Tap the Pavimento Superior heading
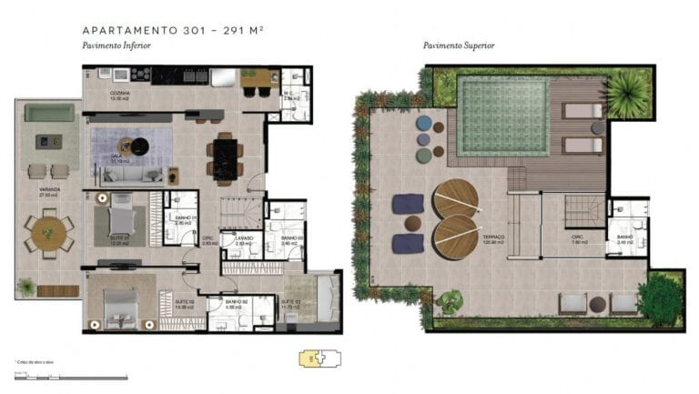[x=457, y=45]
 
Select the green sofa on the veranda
[x=49, y=113]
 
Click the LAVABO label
[x=243, y=239]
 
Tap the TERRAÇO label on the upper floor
[x=493, y=237]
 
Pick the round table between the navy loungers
[x=412, y=223]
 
